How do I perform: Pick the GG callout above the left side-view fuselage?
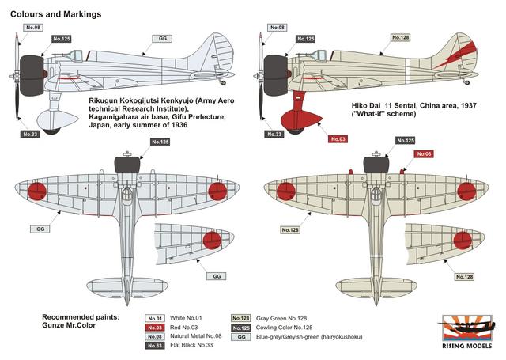(x=162, y=37)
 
